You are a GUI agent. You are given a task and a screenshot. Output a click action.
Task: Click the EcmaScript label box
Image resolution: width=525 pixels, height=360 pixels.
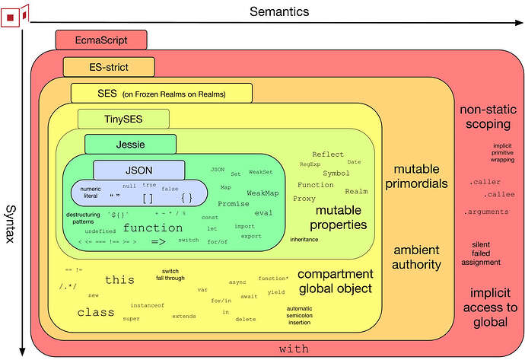click(101, 40)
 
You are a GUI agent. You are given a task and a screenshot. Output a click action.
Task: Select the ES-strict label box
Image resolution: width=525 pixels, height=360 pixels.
click(109, 66)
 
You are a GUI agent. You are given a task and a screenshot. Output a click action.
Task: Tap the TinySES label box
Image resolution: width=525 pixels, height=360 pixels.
click(121, 118)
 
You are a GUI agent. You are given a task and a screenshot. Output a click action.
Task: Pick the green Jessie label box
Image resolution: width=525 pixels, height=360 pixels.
click(130, 144)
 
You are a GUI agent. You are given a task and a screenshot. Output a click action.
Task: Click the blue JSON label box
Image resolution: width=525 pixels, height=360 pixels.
click(139, 170)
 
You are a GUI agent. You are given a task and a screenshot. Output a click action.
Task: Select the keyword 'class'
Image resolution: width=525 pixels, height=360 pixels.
click(95, 312)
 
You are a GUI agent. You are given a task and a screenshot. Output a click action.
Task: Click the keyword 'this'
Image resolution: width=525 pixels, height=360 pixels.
click(119, 280)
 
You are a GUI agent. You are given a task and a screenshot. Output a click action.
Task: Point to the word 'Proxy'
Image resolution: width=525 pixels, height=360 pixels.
click(304, 199)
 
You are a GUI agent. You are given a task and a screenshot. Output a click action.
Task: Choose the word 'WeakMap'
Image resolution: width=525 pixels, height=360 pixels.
click(262, 193)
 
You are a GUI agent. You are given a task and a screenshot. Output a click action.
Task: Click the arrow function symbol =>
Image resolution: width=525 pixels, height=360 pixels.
click(158, 241)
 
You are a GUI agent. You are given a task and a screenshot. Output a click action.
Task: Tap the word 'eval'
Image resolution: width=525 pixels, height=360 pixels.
click(263, 213)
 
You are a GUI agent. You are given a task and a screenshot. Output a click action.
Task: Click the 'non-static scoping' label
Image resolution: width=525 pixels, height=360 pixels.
click(485, 116)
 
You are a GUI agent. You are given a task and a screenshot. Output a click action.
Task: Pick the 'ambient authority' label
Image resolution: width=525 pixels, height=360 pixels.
click(417, 257)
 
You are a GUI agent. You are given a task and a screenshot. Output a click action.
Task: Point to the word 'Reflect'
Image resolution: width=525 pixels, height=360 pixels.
click(328, 155)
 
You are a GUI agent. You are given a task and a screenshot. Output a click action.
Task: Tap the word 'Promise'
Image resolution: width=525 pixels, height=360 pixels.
click(234, 204)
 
